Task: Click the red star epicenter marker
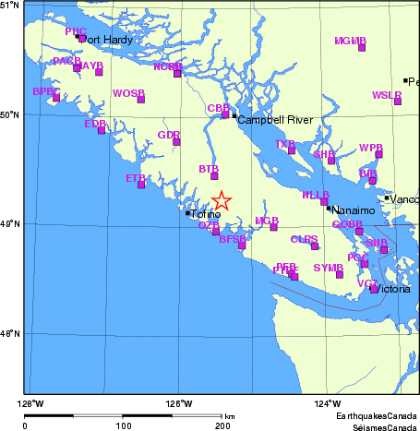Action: [x=222, y=201]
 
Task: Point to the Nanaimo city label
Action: [x=354, y=210]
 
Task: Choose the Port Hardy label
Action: [x=108, y=40]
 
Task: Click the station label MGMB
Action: [x=351, y=41]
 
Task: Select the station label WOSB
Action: [x=128, y=93]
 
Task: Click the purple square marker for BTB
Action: [x=215, y=175]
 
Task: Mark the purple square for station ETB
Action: [x=141, y=185]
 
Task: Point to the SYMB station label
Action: [x=328, y=268]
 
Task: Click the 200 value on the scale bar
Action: [x=222, y=426]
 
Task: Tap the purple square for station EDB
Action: [x=102, y=130]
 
